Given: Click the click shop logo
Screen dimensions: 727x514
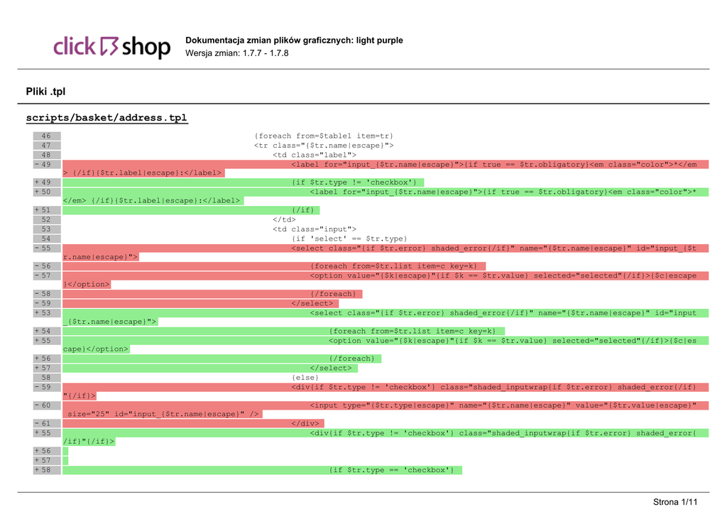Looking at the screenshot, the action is point(112,47).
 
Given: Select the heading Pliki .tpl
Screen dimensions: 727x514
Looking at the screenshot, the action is point(45,91).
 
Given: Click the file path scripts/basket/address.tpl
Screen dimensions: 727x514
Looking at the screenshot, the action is point(106,117).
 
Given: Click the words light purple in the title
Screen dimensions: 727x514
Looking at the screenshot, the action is point(379,40).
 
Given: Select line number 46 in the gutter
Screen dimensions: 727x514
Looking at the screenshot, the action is point(46,136).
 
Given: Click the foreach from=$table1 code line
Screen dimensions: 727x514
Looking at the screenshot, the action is point(323,136).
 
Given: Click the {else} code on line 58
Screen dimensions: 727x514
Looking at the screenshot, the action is point(305,377).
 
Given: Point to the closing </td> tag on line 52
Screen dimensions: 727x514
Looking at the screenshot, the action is point(284,219).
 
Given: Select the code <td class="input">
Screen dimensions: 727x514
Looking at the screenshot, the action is point(314,229).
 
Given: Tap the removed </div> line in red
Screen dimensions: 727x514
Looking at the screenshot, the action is point(307,423).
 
